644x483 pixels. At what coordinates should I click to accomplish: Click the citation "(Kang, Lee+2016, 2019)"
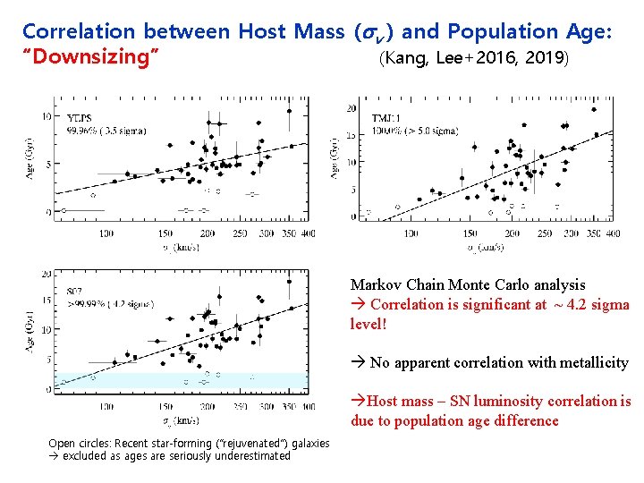[x=473, y=60]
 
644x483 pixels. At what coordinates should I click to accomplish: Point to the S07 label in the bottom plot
[x=75, y=292]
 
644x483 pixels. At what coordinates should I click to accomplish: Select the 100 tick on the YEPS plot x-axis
[x=106, y=233]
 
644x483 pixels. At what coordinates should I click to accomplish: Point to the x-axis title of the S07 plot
[x=182, y=419]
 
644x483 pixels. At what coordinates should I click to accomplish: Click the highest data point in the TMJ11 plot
[x=594, y=109]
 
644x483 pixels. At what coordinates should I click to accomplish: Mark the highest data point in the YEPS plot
[x=289, y=112]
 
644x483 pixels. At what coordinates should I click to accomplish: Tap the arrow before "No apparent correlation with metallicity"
[x=358, y=362]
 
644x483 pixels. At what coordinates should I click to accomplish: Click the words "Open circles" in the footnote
[x=74, y=444]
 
